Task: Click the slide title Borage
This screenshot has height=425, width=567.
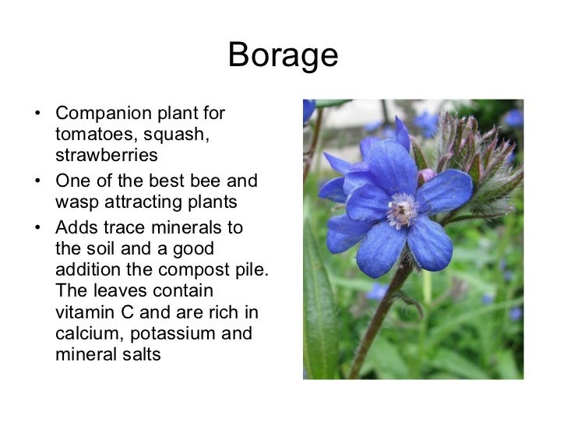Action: (x=283, y=55)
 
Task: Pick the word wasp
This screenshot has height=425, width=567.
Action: (x=74, y=202)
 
